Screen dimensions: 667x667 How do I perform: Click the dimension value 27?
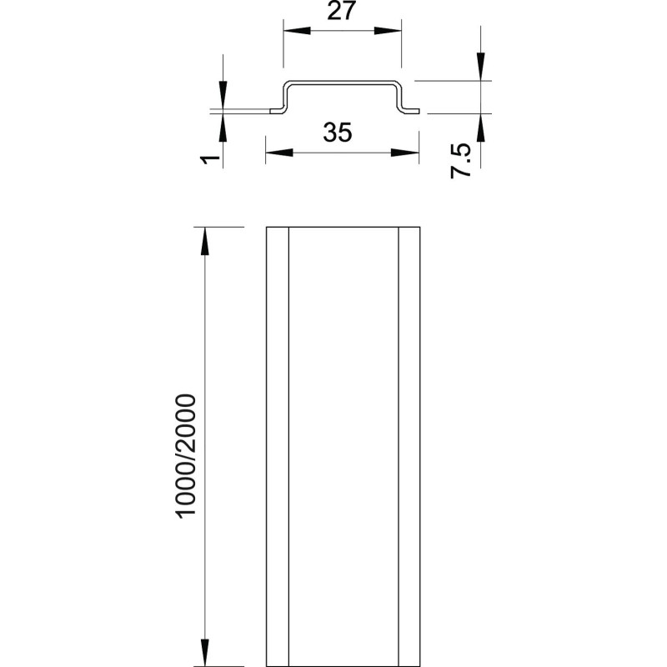[341, 11]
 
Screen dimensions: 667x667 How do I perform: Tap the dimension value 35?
[338, 133]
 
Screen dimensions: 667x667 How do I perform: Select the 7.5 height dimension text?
[461, 160]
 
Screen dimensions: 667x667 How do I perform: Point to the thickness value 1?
[210, 159]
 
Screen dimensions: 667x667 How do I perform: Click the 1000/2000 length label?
[186, 456]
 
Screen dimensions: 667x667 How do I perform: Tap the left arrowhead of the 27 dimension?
[297, 31]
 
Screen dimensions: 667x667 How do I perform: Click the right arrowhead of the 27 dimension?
[388, 31]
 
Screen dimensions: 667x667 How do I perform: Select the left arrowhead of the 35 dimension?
[279, 153]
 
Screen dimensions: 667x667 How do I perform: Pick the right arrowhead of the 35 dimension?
[405, 153]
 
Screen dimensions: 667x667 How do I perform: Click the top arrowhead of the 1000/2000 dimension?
[205, 241]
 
